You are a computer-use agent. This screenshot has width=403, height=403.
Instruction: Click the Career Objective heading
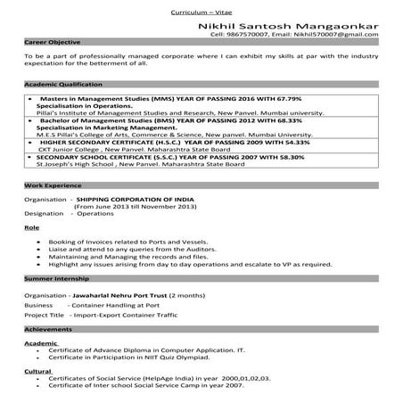click(x=51, y=42)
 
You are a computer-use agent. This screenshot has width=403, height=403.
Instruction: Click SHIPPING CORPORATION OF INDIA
click(x=136, y=201)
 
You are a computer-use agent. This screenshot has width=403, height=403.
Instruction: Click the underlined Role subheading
click(x=30, y=228)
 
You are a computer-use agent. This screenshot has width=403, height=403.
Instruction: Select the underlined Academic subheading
click(x=40, y=342)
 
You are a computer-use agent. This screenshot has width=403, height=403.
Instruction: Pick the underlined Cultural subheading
click(x=37, y=370)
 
